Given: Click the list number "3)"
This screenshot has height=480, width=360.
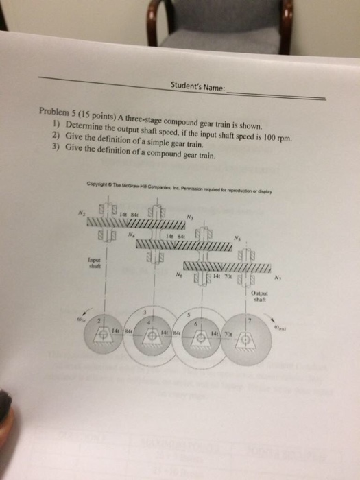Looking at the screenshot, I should [56, 154].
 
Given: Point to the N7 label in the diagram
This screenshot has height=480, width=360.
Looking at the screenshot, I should [277, 279].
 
